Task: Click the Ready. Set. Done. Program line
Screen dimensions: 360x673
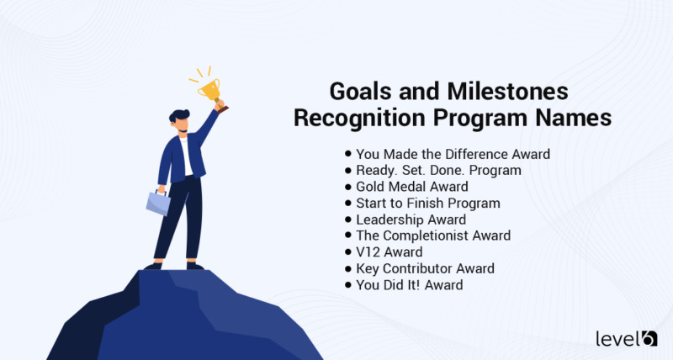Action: click(438, 170)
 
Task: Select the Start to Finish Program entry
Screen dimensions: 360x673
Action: click(427, 203)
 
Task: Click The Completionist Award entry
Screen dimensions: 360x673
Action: click(433, 236)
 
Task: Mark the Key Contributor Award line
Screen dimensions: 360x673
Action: click(425, 268)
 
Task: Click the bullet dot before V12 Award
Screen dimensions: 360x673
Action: click(348, 251)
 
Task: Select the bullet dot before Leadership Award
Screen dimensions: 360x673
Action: click(348, 220)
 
